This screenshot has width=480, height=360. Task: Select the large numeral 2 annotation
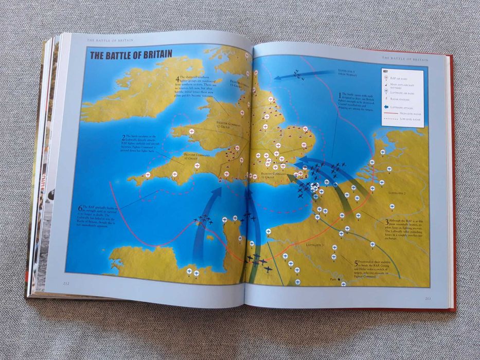123,138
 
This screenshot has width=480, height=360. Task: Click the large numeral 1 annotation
339,96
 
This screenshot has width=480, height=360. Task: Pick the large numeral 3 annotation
387,222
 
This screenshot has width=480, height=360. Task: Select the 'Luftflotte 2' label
397,194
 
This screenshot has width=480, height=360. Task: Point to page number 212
66,282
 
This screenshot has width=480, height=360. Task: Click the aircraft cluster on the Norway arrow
298,75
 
